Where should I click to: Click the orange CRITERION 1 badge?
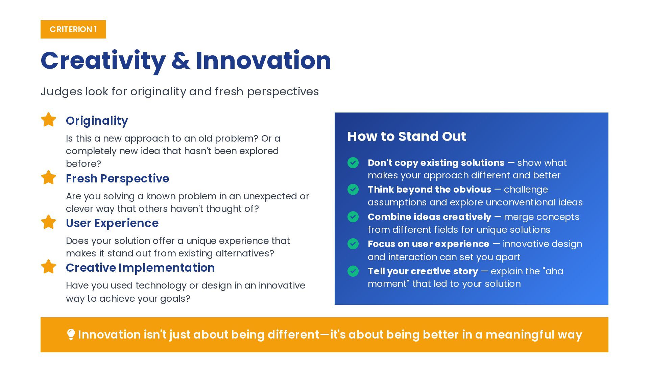[x=73, y=29]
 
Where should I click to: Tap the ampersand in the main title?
[x=181, y=61]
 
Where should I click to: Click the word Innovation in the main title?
[x=263, y=60]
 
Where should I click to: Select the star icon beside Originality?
[x=48, y=120]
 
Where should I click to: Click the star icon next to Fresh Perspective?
[x=48, y=177]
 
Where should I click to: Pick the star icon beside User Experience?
[x=48, y=222]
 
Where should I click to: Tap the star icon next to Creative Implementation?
[x=48, y=267]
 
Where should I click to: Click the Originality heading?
[x=97, y=121]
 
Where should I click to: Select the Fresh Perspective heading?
[x=118, y=178]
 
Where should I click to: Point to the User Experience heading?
[x=112, y=223]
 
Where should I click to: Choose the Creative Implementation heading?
[x=140, y=268]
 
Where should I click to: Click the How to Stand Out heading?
[x=407, y=136]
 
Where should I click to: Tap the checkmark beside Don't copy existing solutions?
[x=353, y=163]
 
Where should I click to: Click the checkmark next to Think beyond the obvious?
[x=353, y=190]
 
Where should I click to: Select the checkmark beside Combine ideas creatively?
[x=353, y=217]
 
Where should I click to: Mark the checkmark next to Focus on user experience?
[x=353, y=244]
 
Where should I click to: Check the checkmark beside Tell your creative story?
[x=353, y=271]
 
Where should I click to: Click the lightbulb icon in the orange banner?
[x=71, y=334]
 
